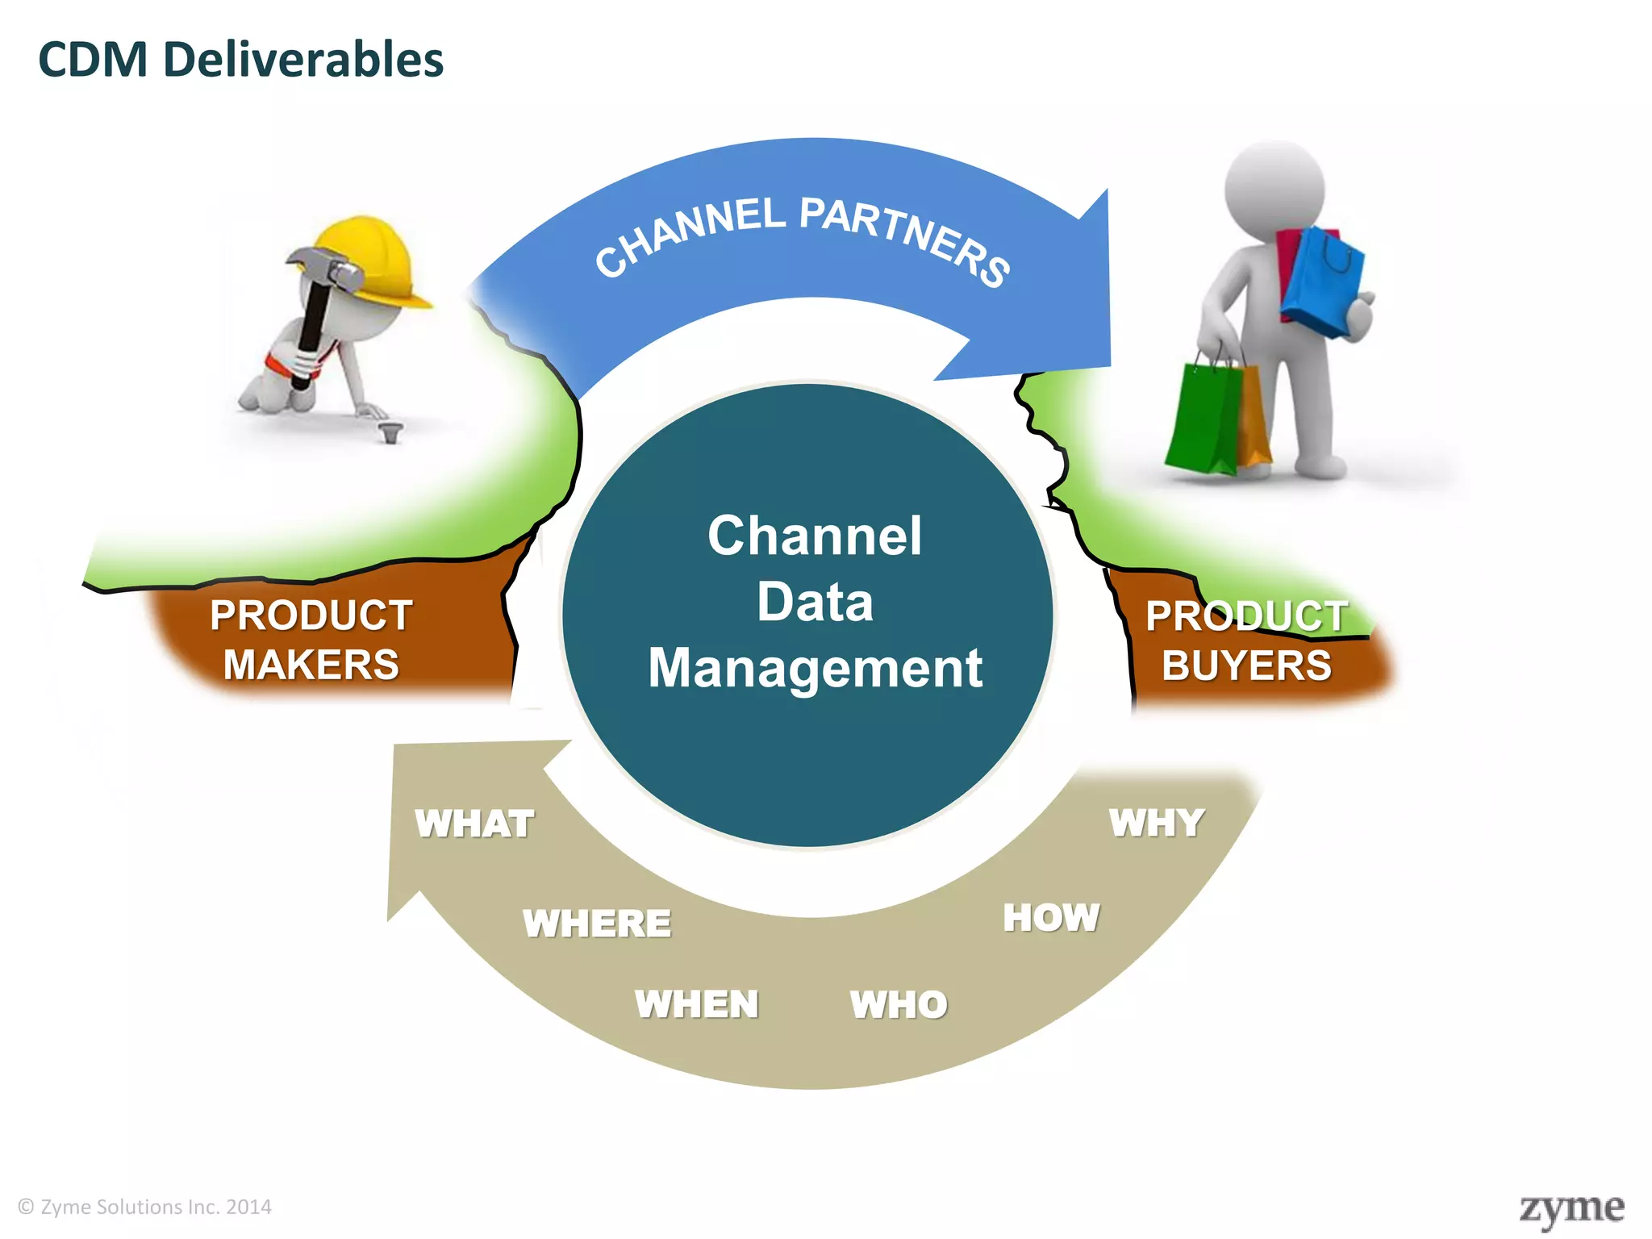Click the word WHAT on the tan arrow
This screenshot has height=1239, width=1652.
click(x=474, y=824)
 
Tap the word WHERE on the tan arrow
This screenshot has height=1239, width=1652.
click(x=597, y=923)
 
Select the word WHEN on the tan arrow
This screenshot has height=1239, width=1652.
click(x=697, y=1004)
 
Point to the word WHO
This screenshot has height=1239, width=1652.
click(x=899, y=1004)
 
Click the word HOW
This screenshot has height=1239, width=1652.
click(x=1051, y=917)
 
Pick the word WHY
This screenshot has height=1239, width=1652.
click(x=1157, y=823)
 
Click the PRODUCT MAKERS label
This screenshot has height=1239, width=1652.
click(x=311, y=640)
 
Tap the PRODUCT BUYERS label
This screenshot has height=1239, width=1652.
click(x=1246, y=641)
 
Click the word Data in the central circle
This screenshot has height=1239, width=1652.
click(x=815, y=602)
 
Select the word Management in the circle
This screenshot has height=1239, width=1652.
click(x=815, y=668)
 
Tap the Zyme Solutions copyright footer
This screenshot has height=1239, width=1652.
click(x=145, y=1207)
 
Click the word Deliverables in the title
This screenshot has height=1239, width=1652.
click(x=303, y=60)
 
